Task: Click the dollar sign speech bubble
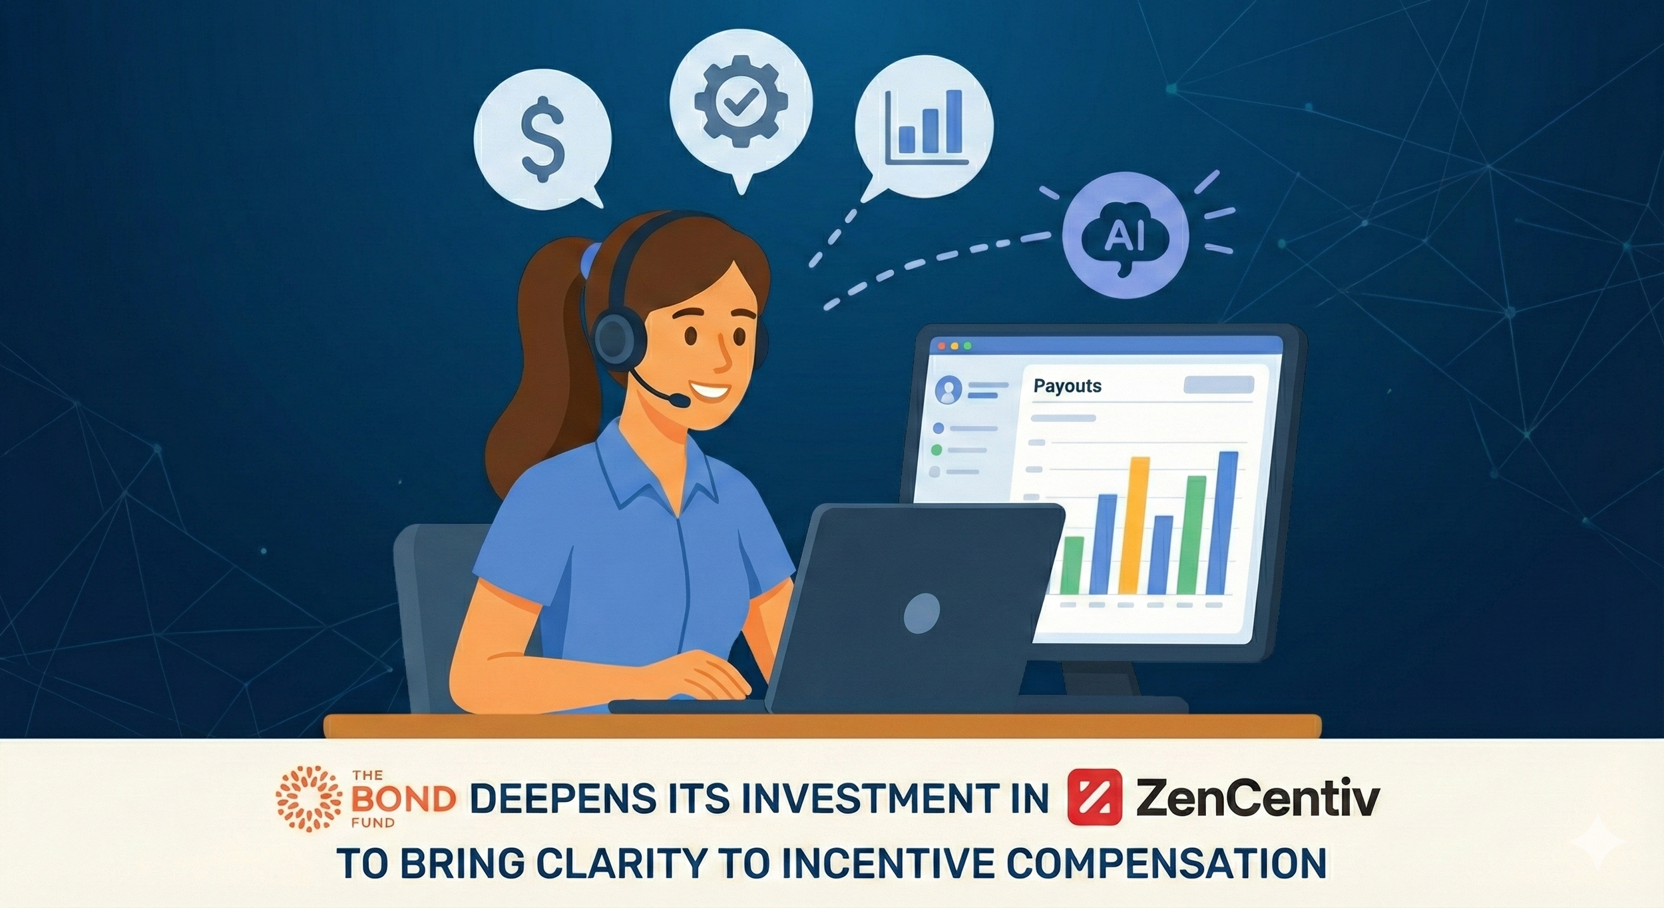542,140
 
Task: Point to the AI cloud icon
1125,236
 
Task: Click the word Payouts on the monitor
1067,386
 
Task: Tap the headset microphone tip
680,401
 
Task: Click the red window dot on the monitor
941,346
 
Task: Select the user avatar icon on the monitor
948,389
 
